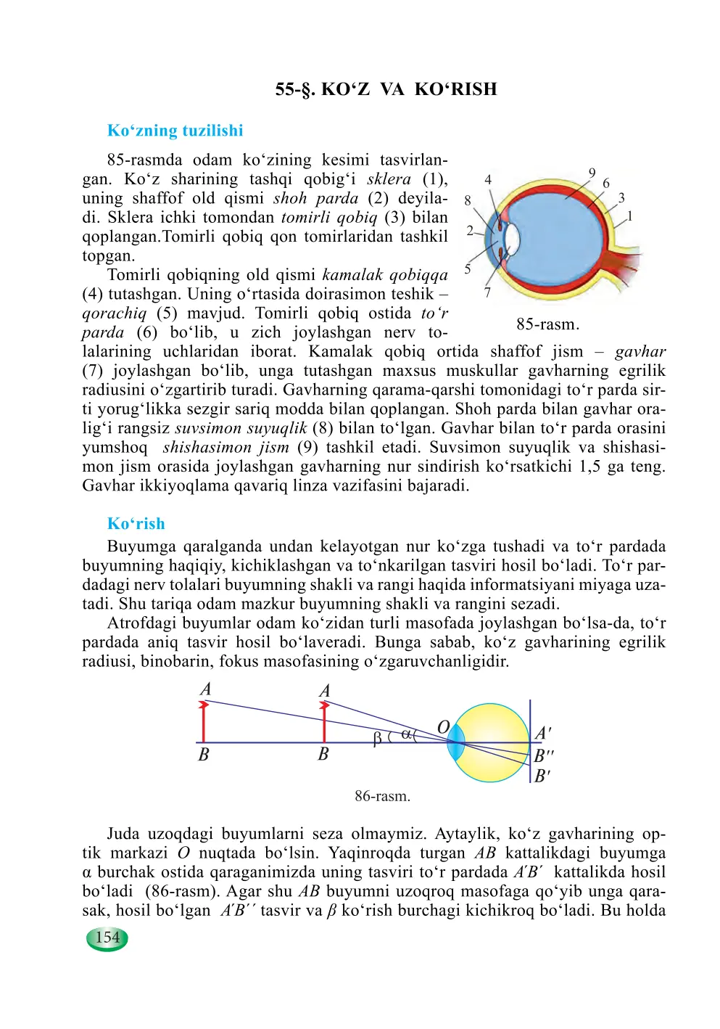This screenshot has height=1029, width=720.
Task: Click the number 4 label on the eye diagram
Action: coord(488,180)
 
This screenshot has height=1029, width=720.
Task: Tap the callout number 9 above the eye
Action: coord(592,173)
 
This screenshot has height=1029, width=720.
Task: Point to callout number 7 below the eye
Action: coord(487,292)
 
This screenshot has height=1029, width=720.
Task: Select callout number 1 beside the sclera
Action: coord(630,216)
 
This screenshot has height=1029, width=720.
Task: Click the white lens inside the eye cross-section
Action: coord(512,238)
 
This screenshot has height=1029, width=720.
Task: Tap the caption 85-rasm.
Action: coord(547,324)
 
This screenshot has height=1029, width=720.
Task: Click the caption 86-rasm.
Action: coord(382,796)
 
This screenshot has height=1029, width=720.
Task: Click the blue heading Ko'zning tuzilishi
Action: coord(175,131)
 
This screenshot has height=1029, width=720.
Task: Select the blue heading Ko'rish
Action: coord(136,524)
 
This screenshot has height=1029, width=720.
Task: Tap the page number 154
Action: coord(107,938)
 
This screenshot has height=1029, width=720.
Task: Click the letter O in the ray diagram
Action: coord(443,727)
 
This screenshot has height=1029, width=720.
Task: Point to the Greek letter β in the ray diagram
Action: coord(377,739)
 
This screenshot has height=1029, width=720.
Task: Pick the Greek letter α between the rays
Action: coord(406,734)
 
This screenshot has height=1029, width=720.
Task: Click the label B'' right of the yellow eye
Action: coord(544,755)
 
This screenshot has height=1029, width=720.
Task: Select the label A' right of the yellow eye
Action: coord(542,734)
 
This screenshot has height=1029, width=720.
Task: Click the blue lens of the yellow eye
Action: coord(455,743)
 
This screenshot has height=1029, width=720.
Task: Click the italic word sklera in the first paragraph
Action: coord(389,179)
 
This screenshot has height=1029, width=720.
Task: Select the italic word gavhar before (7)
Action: coord(640,352)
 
